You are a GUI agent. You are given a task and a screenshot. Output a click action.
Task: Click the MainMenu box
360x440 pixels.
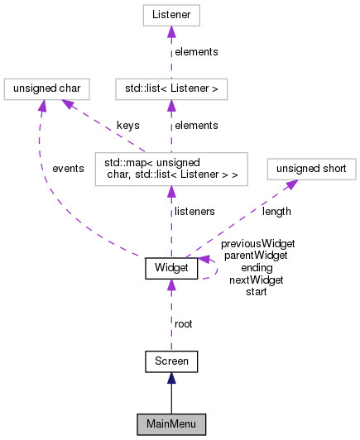coord(171,424)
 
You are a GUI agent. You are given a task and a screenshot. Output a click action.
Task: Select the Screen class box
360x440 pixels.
coord(171,361)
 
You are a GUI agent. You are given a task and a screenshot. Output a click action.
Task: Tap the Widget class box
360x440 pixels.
coord(171,268)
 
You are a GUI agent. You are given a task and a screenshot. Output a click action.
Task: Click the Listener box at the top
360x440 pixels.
coord(171,16)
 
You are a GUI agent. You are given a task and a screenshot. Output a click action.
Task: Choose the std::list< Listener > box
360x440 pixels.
coord(171,87)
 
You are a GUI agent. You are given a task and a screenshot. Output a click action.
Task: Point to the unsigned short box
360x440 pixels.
coord(310,170)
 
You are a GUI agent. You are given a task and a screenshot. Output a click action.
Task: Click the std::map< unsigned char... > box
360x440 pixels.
coord(171,169)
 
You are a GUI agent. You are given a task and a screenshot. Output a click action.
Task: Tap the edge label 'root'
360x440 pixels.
coord(184,324)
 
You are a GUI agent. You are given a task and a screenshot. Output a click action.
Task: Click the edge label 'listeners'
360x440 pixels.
coord(195,211)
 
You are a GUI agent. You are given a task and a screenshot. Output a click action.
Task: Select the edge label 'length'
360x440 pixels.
coord(276,211)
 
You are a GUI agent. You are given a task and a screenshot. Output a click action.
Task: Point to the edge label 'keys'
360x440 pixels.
coord(127,125)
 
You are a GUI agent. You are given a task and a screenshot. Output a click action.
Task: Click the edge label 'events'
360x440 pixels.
coord(68,169)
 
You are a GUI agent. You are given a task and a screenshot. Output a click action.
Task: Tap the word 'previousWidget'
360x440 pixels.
coord(257,243)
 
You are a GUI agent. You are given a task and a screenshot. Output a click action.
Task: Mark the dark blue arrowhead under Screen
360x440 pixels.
coord(171,377)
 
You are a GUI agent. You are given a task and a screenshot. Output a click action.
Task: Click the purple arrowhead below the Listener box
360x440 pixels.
coord(171,32)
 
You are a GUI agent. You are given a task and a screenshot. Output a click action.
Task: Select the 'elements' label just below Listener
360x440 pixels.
coord(195,51)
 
